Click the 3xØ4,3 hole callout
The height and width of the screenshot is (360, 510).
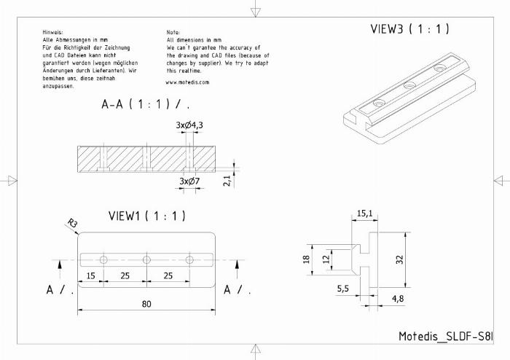coord(189,125)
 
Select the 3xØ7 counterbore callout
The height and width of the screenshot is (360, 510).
coord(189,181)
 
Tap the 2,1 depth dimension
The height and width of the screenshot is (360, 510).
coord(227,181)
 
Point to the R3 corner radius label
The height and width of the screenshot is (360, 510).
coord(73,224)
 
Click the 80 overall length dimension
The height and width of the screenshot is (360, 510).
coord(146,304)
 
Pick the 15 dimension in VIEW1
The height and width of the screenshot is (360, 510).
coord(91,275)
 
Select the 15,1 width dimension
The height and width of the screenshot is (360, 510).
coord(364,214)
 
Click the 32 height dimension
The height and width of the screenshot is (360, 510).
coord(400,259)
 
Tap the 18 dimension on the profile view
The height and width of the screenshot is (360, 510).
coord(307,259)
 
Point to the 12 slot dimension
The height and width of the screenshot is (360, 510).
coord(326,259)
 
